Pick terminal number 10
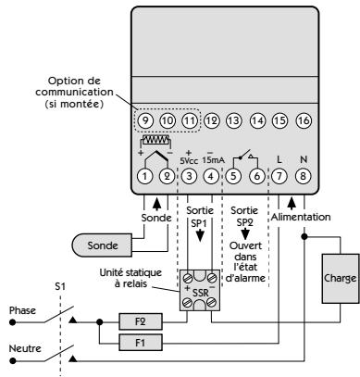[x=167, y=120]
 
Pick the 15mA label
[x=215, y=157]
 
